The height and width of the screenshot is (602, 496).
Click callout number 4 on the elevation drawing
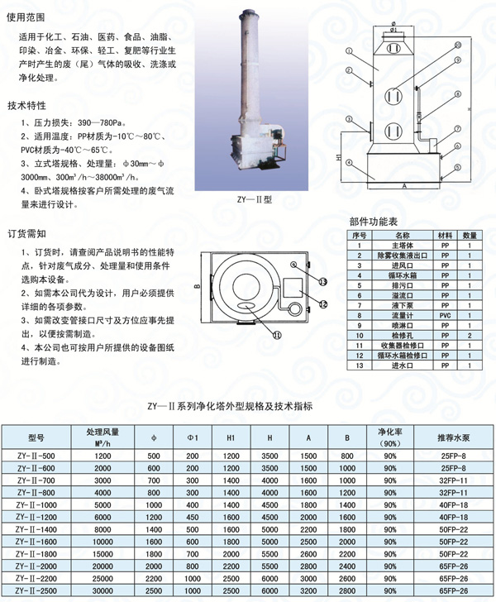coord(351,163)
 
